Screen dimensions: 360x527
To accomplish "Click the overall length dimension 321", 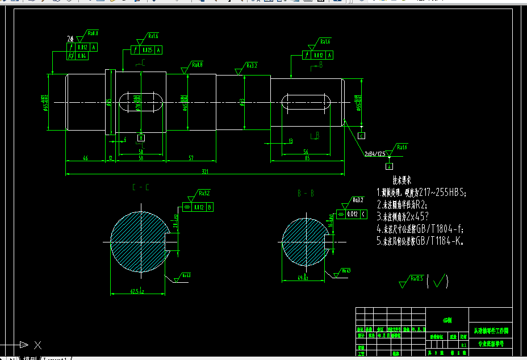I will point(204,171).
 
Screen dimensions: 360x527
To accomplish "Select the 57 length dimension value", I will point(190,157).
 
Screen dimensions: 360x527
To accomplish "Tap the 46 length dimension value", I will point(85,157).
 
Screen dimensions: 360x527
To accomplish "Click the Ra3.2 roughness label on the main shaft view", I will point(252,65).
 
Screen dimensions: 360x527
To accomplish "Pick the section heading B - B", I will point(306,193).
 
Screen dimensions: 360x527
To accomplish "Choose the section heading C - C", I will point(140,187).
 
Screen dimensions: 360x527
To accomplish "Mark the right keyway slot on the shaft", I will point(307,102).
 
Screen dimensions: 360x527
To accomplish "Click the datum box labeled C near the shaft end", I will point(362,136).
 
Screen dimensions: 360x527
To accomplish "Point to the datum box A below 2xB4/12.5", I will point(390,166).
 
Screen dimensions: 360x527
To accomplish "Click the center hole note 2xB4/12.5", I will point(375,153).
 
